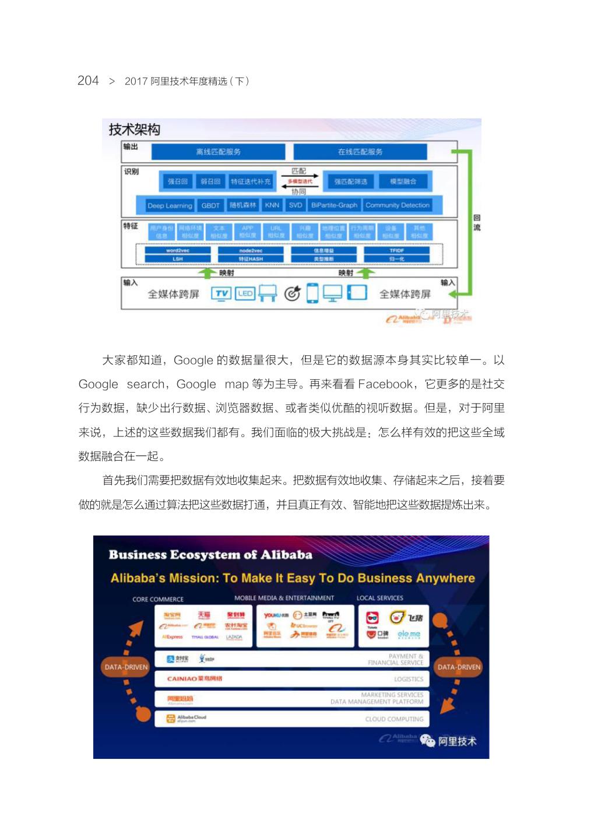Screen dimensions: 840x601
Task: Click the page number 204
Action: [x=88, y=80]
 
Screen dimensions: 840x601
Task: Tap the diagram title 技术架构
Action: [x=134, y=129]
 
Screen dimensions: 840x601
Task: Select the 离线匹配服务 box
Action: [x=218, y=152]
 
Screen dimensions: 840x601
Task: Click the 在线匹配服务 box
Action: [x=360, y=152]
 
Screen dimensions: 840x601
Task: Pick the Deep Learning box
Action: [x=169, y=205]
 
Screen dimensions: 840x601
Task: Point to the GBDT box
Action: [x=210, y=205]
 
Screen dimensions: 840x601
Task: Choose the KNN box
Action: [x=272, y=205]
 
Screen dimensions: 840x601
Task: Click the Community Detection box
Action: [x=398, y=205]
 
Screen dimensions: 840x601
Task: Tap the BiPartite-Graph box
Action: [x=334, y=205]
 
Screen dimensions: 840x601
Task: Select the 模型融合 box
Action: [x=403, y=181]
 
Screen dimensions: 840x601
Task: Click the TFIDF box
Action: [x=396, y=250]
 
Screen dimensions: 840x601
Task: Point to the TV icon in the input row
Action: [x=222, y=293]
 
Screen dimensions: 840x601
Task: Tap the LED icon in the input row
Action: [x=245, y=293]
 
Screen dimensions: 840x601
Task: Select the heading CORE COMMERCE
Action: [x=157, y=599]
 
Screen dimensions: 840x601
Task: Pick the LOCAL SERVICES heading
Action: [x=379, y=598]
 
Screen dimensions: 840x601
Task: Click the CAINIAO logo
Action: [x=194, y=678]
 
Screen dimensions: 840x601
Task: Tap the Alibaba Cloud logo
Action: [x=187, y=719]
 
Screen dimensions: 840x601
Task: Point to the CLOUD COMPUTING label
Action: [x=394, y=719]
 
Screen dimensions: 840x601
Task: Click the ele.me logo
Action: [x=409, y=634]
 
